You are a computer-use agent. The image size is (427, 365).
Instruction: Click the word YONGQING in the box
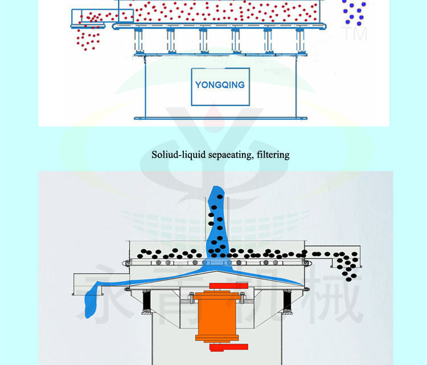tap(220, 85)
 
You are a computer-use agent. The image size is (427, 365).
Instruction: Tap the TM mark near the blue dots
tap(354, 33)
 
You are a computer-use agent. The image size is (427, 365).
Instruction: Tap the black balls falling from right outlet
tap(346, 264)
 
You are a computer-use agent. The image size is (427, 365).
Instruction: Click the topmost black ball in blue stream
tap(219, 197)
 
